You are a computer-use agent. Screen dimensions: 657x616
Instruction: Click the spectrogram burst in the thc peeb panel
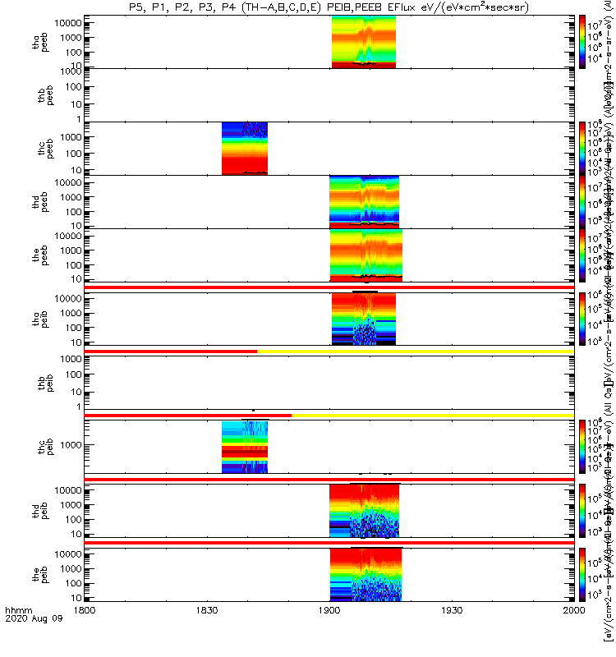coord(245,148)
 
